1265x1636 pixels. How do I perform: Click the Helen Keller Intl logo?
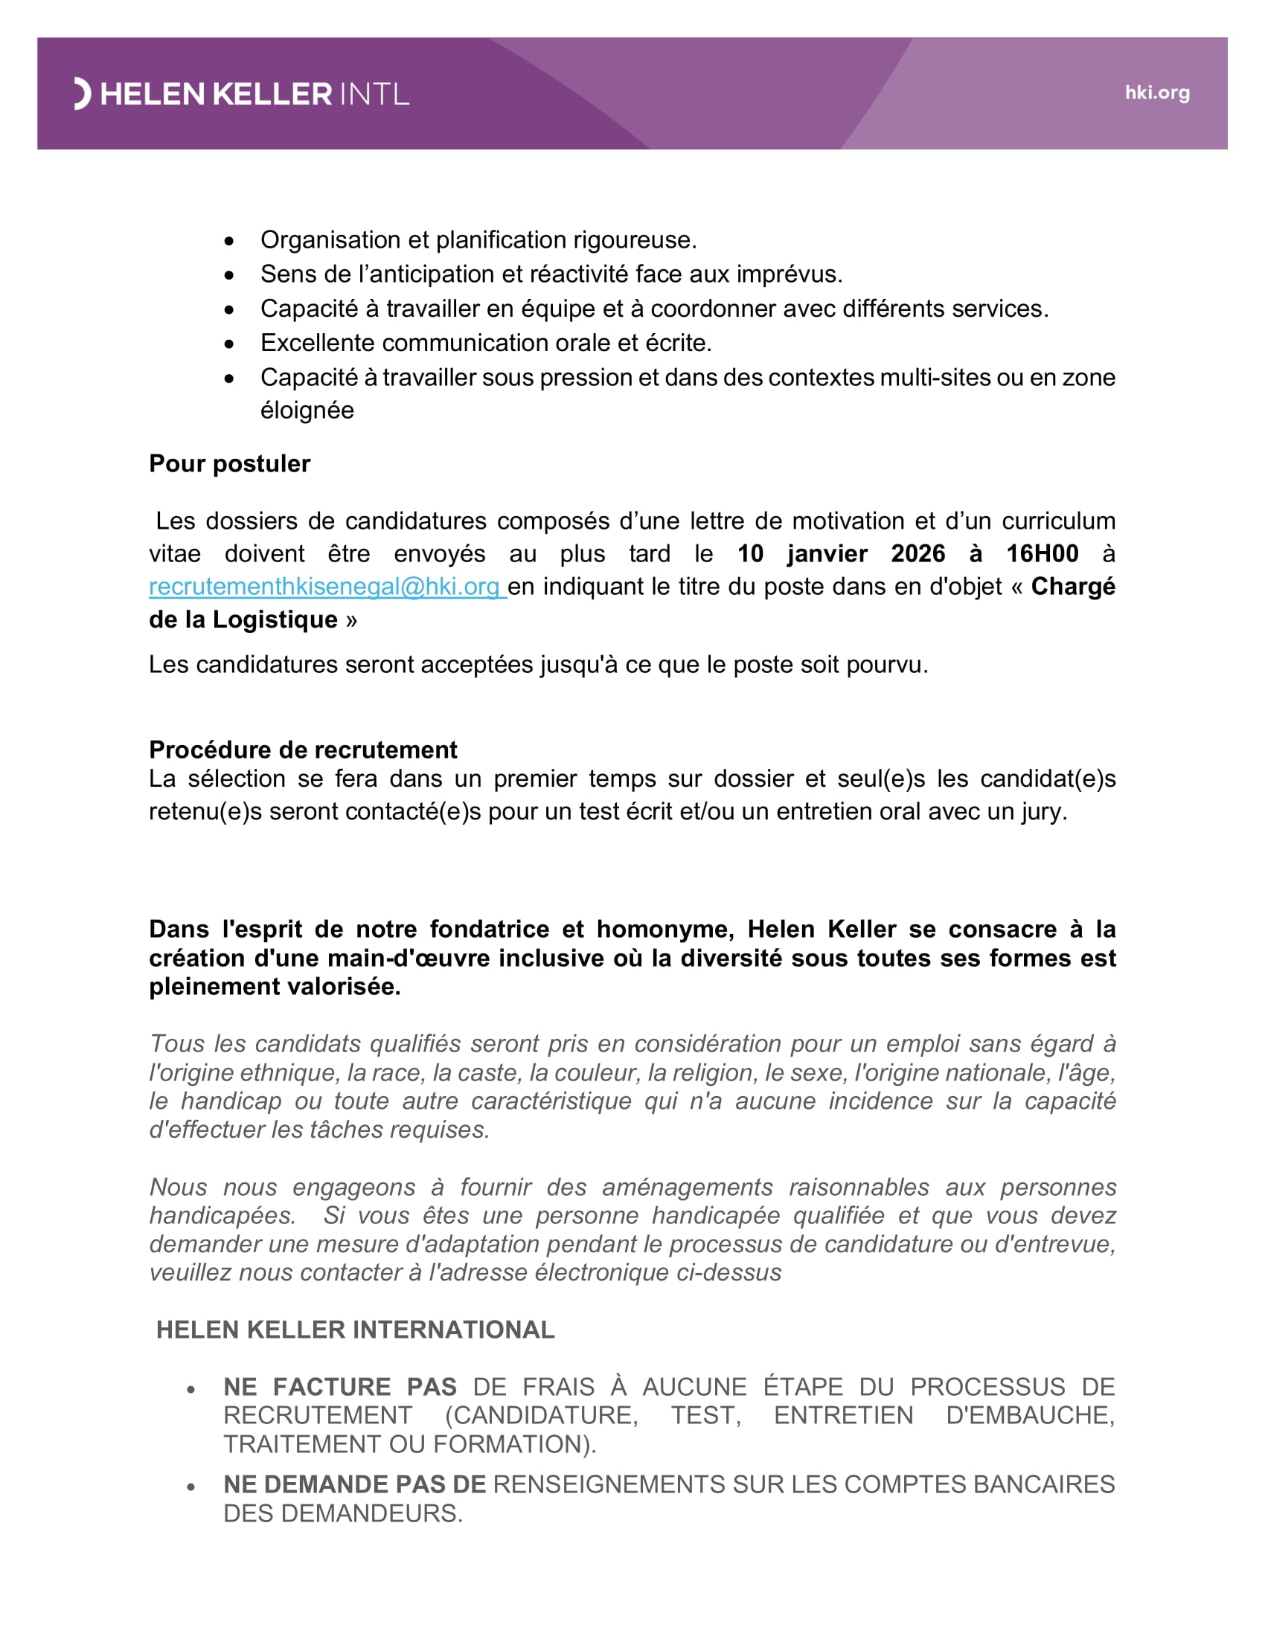241,94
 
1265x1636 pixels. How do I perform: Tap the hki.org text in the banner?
1156,93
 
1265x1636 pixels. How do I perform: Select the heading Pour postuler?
229,464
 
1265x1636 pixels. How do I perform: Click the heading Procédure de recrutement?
303,750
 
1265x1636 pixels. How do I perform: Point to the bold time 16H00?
1042,553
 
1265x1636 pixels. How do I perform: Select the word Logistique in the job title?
275,619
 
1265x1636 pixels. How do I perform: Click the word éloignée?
307,410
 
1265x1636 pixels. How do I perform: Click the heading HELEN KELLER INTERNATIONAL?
355,1330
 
